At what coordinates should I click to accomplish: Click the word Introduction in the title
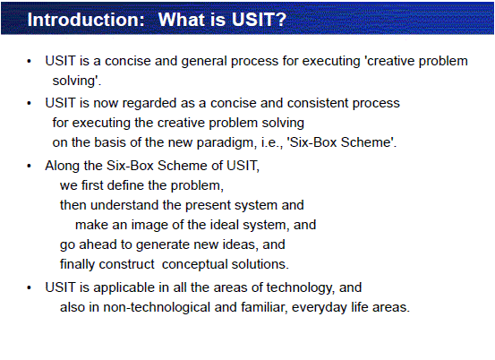86,20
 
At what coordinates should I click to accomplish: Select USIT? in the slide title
259,20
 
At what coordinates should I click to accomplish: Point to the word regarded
149,104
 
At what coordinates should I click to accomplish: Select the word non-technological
157,307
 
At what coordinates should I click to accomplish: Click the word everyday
320,307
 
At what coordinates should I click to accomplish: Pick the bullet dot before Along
29,166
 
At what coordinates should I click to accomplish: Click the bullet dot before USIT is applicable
29,288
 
